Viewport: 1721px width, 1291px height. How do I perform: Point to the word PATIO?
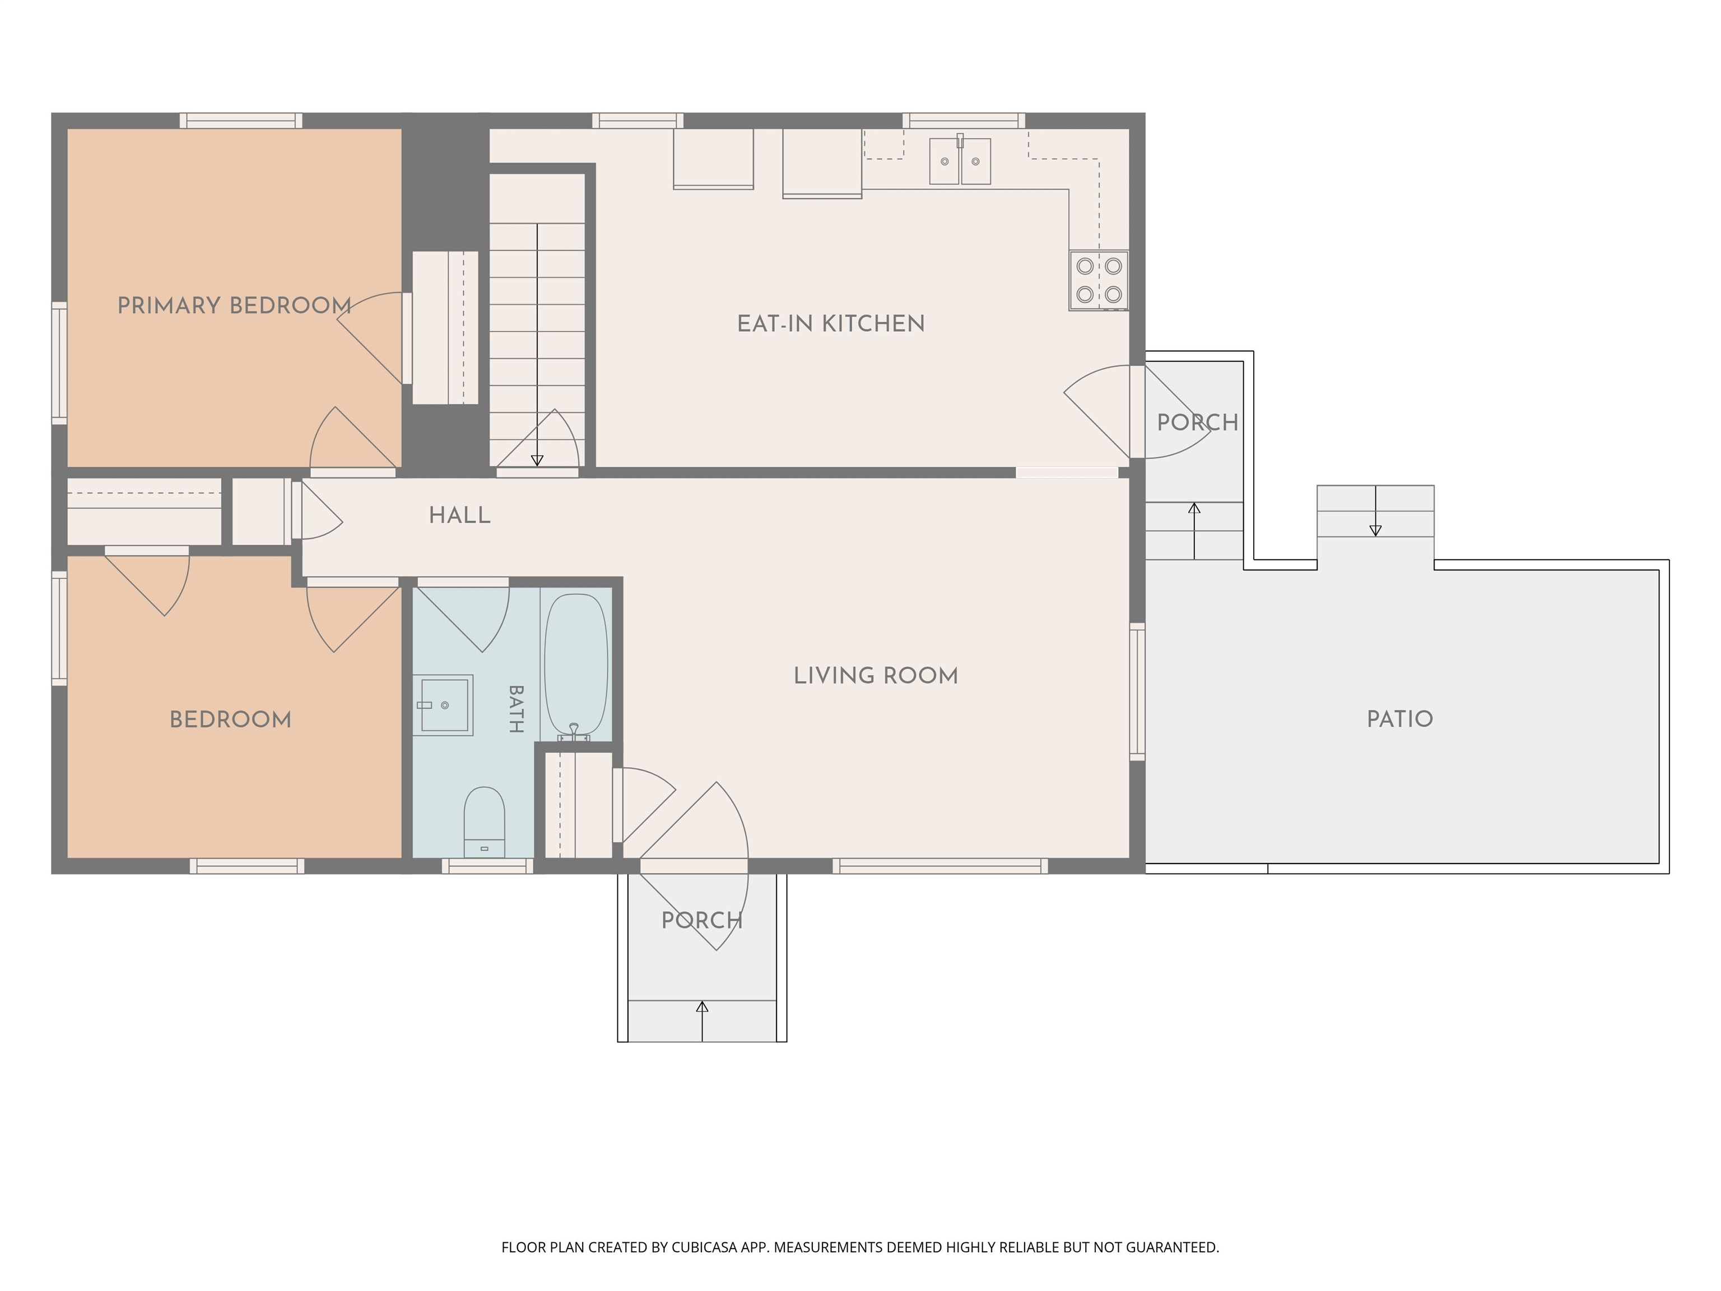(1399, 718)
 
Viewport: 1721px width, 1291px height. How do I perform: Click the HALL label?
(460, 515)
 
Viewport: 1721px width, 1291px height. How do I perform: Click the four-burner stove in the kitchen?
(1099, 280)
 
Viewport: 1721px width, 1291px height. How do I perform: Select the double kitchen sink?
(960, 161)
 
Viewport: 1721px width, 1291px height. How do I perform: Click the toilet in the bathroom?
(484, 823)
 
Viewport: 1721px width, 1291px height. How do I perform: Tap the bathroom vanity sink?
(443, 705)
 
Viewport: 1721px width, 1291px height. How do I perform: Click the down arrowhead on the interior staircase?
(537, 461)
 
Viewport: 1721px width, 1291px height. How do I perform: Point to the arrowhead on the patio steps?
(1375, 531)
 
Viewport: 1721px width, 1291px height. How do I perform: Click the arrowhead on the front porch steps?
(702, 1007)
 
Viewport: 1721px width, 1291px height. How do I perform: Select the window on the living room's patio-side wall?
(1137, 691)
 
